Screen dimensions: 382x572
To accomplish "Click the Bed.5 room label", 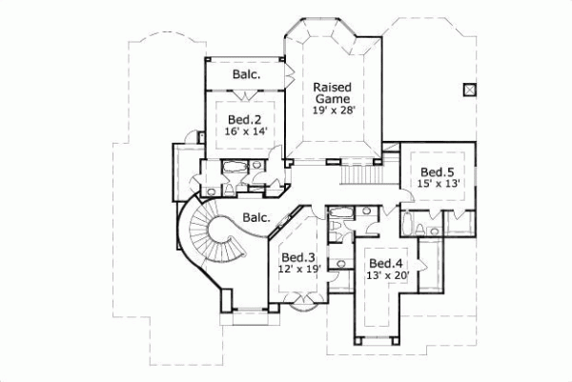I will click(x=436, y=172).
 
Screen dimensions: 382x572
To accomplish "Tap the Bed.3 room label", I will click(x=297, y=257).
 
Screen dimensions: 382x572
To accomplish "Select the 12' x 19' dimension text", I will click(x=297, y=271).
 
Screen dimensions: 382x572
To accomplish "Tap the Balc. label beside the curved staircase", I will click(x=254, y=217).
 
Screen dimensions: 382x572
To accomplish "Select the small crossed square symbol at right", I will click(x=468, y=89).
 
